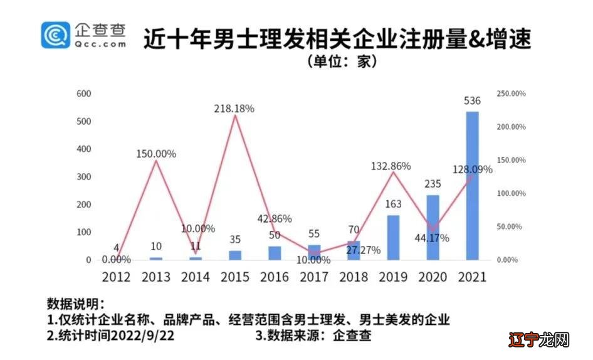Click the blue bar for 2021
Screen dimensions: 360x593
(472, 186)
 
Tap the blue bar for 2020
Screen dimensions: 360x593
(433, 227)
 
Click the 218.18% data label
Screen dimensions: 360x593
(234, 109)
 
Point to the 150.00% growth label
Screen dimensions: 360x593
(155, 154)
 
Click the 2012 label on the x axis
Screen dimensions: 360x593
(116, 277)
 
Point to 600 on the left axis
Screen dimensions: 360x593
(83, 93)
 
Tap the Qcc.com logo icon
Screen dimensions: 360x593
(56, 35)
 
